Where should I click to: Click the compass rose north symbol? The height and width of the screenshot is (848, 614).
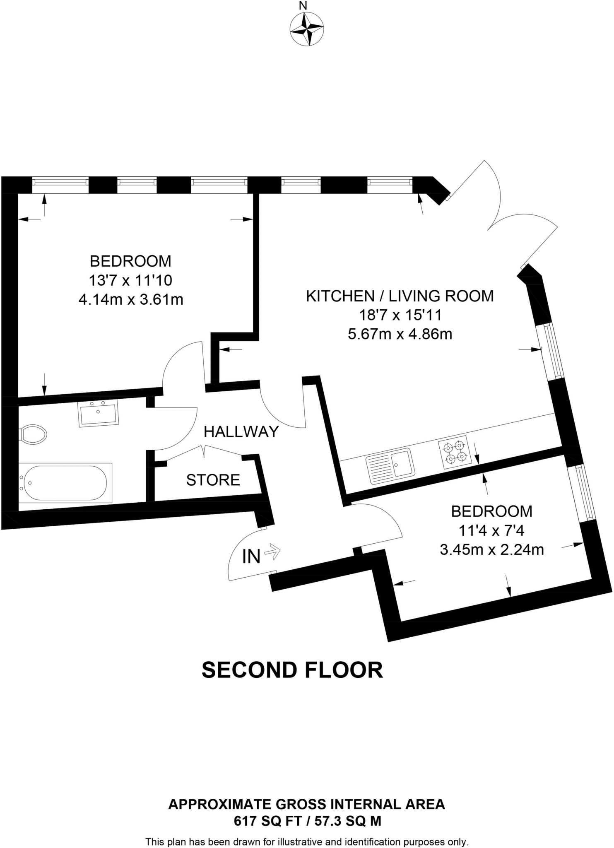coord(306,29)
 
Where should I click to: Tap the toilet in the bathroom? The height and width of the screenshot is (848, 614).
coord(33,434)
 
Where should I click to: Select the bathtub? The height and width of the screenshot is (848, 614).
coord(65,482)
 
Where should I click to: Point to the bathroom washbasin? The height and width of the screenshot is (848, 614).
coord(98,413)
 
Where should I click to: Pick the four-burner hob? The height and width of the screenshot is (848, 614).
coord(455,452)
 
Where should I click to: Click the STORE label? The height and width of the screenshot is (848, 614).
coord(213,480)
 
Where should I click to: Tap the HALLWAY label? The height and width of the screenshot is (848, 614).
coord(241,432)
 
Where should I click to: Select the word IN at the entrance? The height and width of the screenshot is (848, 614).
coord(251,557)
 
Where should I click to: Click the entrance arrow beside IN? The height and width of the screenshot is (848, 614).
coord(272,552)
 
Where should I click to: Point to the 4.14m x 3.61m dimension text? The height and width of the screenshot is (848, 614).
coord(131,299)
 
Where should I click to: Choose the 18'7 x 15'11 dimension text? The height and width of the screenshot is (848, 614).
coord(400,316)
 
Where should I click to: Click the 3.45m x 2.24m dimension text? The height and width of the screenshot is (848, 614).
coord(491,550)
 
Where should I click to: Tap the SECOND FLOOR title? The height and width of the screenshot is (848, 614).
coord(292,670)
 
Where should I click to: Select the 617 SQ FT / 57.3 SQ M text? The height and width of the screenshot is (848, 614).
coord(307,821)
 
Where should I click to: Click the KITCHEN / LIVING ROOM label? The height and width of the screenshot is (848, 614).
coord(400,296)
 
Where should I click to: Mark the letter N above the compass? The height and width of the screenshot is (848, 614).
coord(303,6)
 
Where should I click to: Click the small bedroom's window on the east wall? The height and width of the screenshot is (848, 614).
coord(582,492)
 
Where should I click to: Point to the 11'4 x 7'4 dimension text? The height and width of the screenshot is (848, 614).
coord(491,531)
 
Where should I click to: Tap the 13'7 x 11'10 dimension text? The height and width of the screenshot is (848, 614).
coord(130,280)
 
